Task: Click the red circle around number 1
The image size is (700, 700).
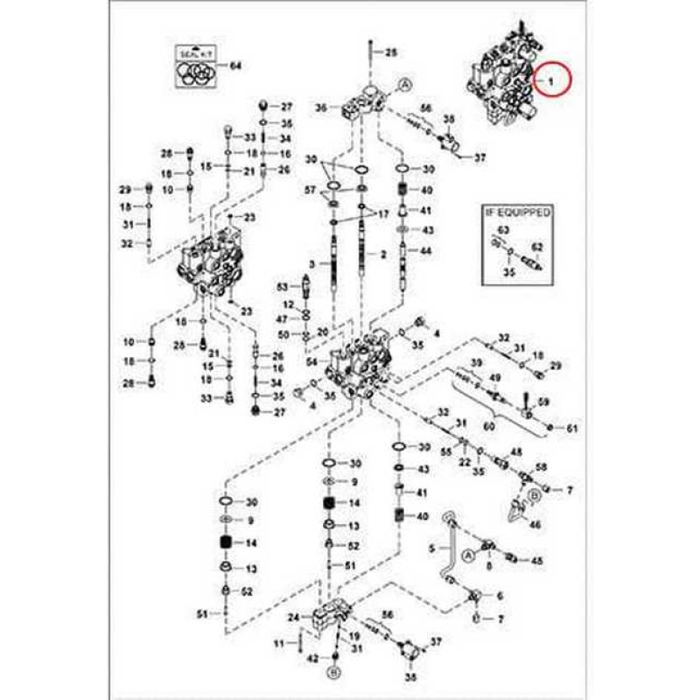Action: point(551,81)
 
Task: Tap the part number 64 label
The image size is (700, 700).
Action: point(234,66)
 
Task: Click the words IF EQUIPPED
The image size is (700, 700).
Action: point(519,212)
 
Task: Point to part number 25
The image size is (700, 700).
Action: point(391,52)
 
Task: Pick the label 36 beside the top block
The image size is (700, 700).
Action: point(321,108)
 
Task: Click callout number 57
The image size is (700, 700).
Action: point(309,190)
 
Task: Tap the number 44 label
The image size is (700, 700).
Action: point(427,251)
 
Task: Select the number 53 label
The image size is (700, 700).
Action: point(282,286)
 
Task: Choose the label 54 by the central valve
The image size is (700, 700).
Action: point(312,361)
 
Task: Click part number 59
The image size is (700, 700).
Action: point(543,402)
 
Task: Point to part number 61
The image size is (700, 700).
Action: point(572,428)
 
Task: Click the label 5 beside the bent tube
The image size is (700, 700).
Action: point(431,549)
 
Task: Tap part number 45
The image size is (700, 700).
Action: point(537,560)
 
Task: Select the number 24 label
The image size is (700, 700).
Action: point(294,618)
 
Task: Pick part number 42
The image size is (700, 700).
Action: point(312,657)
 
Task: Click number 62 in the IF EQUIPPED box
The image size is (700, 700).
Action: point(537,248)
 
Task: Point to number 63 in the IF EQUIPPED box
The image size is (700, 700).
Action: point(502,230)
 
